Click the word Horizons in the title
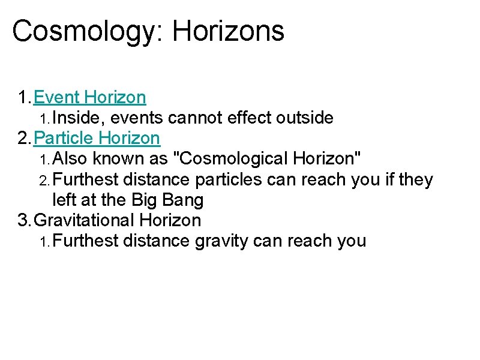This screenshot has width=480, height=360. pos(228,31)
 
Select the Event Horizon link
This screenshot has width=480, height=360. pos(91,97)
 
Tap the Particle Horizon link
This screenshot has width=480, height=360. pos(97,139)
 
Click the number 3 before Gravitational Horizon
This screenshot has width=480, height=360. pos(23,220)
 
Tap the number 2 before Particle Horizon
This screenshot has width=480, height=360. pos(23,139)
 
